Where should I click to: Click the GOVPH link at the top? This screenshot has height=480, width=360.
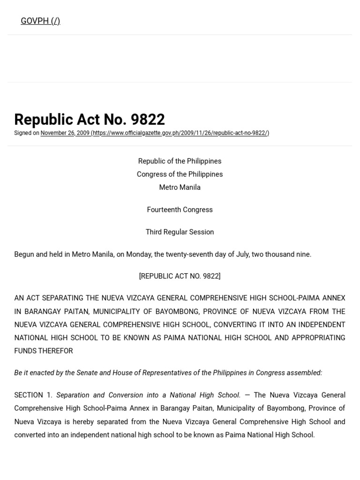tap(40, 21)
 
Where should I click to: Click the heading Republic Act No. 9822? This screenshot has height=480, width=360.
tap(90, 120)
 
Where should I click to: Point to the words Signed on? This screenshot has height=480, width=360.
tap(27, 133)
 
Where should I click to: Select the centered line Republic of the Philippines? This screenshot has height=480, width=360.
tap(180, 161)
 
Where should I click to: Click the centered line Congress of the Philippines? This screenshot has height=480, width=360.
tap(180, 174)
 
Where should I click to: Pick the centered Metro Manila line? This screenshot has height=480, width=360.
tap(180, 187)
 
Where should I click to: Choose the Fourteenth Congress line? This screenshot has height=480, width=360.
tap(180, 210)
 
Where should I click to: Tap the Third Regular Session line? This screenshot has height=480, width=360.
tap(180, 232)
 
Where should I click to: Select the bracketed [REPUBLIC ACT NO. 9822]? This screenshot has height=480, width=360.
tap(180, 277)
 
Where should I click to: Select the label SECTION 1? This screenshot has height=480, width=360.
tap(33, 396)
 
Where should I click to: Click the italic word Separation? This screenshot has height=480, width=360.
tap(74, 396)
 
